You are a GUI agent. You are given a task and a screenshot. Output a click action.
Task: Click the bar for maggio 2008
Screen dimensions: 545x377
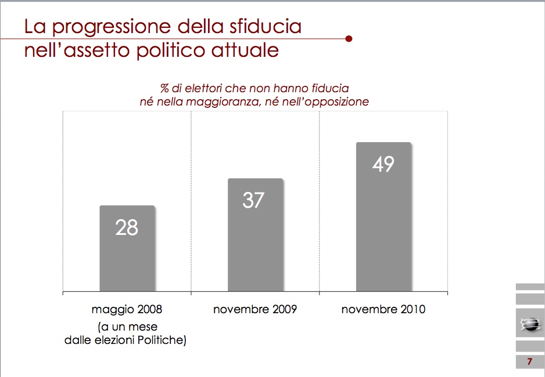(127, 248)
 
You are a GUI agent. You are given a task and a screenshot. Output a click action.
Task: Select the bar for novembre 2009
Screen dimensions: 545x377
(256, 235)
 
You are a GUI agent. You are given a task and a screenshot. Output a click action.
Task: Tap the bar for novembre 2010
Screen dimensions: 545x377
(383, 217)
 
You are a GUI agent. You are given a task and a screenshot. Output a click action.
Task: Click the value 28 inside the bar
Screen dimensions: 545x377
(127, 228)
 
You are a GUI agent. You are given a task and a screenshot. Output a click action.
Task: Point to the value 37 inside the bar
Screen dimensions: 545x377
(253, 200)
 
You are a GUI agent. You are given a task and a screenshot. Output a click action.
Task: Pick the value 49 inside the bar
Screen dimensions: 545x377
(383, 164)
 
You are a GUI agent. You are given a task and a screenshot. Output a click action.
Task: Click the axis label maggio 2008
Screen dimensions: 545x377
(127, 309)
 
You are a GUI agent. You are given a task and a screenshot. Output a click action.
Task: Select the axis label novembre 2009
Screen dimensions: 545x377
(255, 309)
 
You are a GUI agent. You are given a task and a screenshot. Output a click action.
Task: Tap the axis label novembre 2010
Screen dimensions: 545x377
(383, 309)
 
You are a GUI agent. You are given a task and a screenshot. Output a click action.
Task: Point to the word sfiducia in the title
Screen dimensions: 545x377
(265, 27)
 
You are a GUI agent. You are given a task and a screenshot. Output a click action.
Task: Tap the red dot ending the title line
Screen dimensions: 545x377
(349, 38)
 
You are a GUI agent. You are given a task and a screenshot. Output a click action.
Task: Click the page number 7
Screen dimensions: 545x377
(530, 362)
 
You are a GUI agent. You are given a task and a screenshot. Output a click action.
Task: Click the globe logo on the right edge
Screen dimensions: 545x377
(530, 325)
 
